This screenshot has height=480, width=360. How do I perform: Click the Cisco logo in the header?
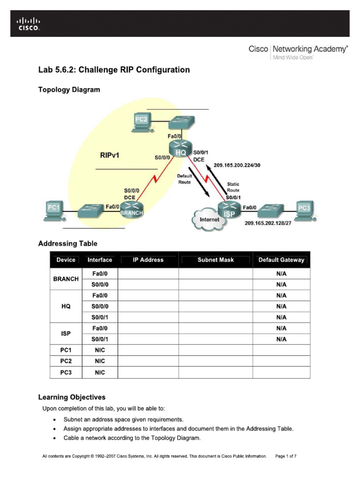click(29, 23)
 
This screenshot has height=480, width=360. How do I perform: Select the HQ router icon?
click(181, 149)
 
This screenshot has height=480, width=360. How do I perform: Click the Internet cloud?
click(209, 219)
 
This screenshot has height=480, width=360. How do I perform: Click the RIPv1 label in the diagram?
click(110, 155)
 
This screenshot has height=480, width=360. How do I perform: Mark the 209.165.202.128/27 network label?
click(268, 223)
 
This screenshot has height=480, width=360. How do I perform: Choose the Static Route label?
click(233, 187)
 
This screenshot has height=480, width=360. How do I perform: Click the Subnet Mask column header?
click(216, 260)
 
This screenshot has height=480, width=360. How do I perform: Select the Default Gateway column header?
click(281, 260)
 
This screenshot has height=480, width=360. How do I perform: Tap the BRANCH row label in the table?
click(66, 279)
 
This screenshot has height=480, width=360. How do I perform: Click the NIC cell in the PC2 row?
click(100, 361)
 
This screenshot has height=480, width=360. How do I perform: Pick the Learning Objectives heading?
click(72, 397)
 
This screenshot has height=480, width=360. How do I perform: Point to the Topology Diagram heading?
click(69, 90)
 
